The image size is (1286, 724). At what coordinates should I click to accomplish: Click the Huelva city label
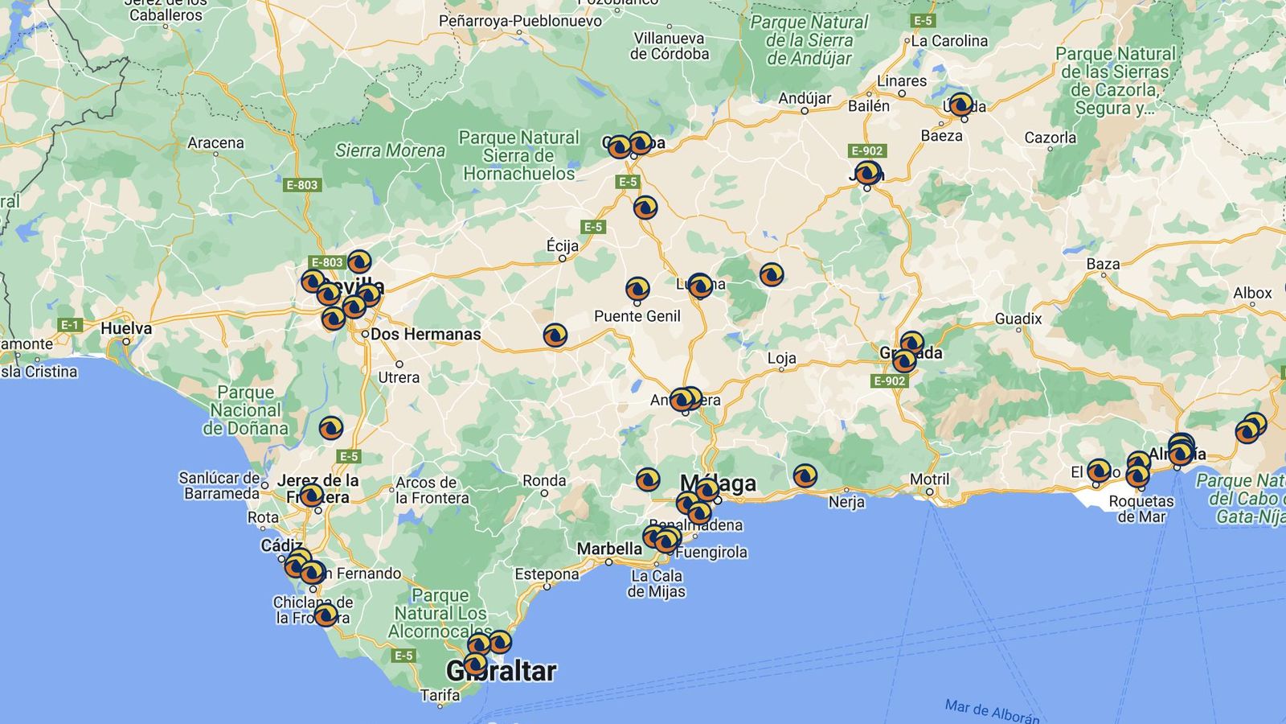tap(126, 328)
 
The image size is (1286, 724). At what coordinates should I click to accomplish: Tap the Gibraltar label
tap(502, 671)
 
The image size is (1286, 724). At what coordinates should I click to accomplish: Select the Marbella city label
tap(609, 549)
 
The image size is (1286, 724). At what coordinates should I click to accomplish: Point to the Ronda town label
tap(544, 480)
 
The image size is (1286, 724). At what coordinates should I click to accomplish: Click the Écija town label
tap(563, 245)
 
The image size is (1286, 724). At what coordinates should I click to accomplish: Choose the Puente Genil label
tap(637, 316)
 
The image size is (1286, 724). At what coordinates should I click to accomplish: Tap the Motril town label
tap(929, 479)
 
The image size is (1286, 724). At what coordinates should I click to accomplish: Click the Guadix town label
tap(1018, 319)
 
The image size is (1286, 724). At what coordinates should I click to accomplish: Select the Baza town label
tap(1103, 264)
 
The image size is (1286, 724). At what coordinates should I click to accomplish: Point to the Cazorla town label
tap(1050, 138)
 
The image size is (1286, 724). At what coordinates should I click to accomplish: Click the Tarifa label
tap(440, 695)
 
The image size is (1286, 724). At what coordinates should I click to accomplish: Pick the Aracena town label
tap(215, 143)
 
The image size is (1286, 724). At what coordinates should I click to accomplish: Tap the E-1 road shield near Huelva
tap(70, 325)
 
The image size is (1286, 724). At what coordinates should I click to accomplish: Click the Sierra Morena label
tap(390, 150)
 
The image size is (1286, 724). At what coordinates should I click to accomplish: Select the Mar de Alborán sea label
tap(992, 710)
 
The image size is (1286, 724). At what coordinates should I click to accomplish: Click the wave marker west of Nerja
tap(805, 476)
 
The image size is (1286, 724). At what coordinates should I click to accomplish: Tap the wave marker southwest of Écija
tap(555, 335)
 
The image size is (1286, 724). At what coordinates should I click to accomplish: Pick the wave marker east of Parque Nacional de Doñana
tap(331, 428)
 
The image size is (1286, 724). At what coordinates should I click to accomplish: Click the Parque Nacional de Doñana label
tap(245, 410)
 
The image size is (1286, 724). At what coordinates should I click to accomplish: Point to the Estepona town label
tap(547, 574)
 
